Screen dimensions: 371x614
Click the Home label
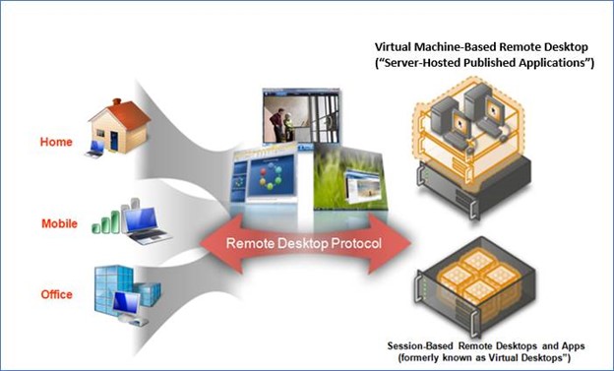(56, 142)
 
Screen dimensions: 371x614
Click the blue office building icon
(125, 284)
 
